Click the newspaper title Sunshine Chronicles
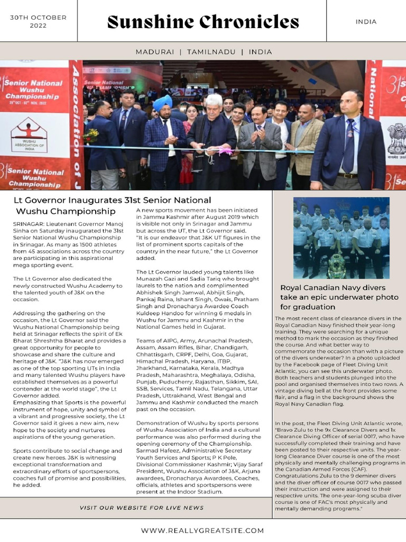203,22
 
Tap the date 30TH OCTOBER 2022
38,22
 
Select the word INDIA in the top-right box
366,22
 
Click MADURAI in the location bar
155,52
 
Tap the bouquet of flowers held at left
91,137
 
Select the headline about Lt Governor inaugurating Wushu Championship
112,205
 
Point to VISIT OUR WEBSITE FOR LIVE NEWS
142,508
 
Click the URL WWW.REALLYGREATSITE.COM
202,530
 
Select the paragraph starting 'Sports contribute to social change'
70,467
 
